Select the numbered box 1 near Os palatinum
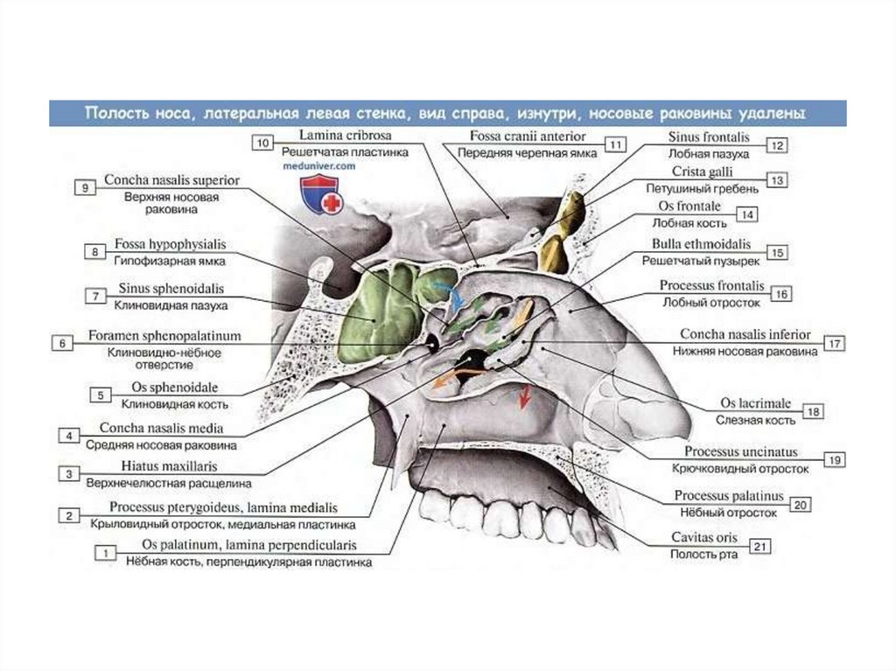coord(106,553)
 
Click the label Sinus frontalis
coord(710,137)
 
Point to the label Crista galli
coord(703,171)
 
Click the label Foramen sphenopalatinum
coord(164,336)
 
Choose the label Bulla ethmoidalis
coord(700,245)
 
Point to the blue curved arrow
coord(450,293)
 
